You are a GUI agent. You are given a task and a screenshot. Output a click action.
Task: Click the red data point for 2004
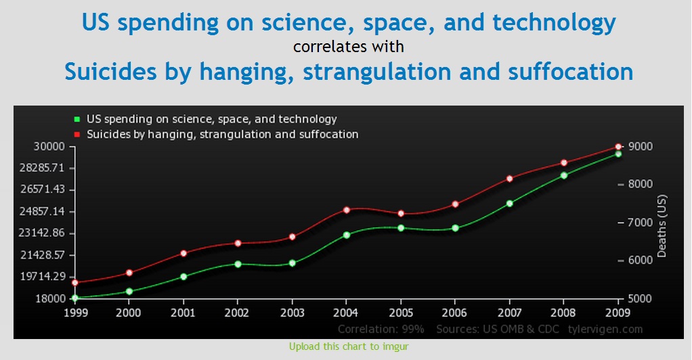pos(347,210)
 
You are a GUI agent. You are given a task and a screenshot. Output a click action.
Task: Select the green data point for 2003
pos(292,263)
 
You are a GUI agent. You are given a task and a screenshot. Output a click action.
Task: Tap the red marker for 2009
pos(618,147)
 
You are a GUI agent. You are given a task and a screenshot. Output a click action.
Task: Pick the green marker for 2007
pos(510,204)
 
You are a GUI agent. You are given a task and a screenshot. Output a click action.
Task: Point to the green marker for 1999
pos(75,298)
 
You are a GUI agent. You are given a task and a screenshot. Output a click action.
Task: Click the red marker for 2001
pos(183,253)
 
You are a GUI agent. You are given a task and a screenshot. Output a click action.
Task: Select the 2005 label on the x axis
pos(401,313)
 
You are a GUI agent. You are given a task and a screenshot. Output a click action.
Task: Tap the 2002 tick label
pos(238,313)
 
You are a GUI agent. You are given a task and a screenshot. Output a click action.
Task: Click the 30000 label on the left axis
pos(49,146)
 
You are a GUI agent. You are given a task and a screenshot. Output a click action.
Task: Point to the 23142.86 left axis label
pos(42,233)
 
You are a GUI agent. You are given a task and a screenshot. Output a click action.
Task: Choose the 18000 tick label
pos(50,298)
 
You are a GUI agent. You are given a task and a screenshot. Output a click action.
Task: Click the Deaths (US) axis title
pos(662,226)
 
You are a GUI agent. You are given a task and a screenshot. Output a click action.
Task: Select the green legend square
pos(77,119)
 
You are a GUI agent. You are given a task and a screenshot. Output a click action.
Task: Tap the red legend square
pos(77,135)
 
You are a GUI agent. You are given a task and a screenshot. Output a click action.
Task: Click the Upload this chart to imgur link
pos(349,346)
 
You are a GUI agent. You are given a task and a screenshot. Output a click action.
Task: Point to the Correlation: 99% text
pos(381,330)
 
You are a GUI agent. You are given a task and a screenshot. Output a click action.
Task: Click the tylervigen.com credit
pos(605,330)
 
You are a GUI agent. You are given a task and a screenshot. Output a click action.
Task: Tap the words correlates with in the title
pos(349,47)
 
